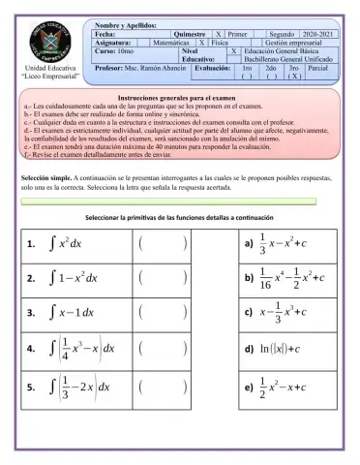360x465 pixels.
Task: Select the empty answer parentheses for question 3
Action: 162,313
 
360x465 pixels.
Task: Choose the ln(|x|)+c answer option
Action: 284,349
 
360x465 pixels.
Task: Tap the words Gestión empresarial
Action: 297,43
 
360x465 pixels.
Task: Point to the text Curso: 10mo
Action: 118,51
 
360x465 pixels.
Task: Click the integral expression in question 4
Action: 82,349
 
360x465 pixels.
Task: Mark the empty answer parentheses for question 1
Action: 162,243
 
